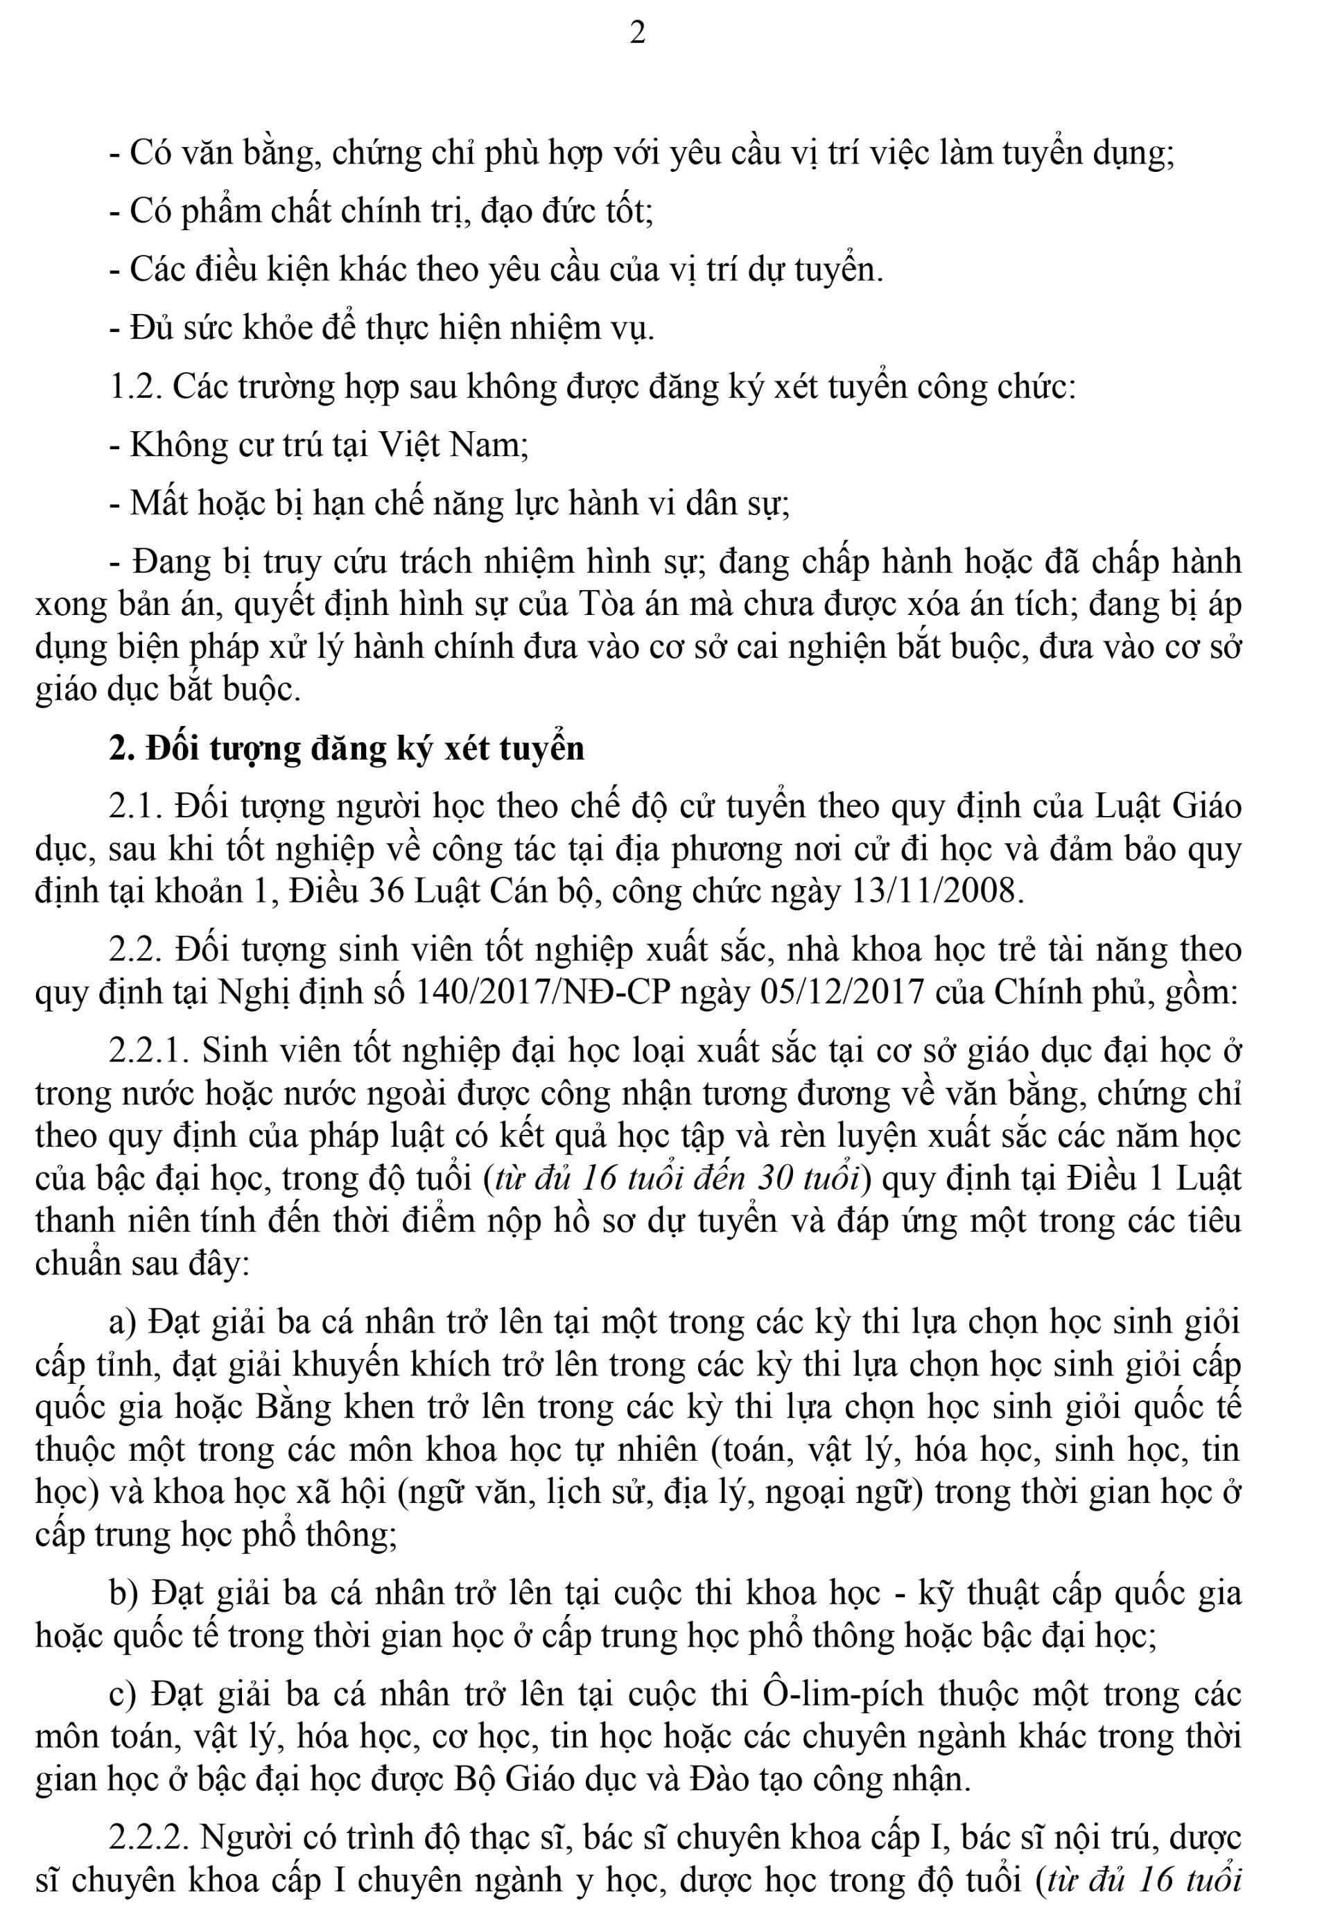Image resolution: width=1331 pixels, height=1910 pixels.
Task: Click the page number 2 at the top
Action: click(637, 34)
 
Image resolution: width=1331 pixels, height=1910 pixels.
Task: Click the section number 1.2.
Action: click(134, 388)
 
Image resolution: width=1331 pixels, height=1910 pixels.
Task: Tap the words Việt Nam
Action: click(453, 446)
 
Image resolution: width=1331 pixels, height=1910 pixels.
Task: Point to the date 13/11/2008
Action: click(937, 892)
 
